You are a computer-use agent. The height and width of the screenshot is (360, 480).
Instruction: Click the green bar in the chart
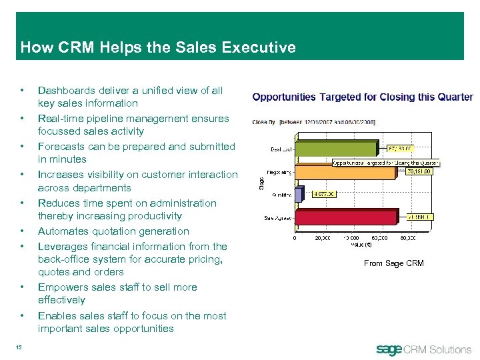coord(337,148)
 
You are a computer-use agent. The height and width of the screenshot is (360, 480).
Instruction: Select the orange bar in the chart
coord(347,173)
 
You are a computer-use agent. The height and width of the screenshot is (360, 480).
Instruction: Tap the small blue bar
coord(303,195)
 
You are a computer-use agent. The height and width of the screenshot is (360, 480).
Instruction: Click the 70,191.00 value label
coord(419,171)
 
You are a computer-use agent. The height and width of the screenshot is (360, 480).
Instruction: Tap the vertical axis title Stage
coord(261,180)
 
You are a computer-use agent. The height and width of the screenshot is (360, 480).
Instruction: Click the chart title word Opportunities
coord(284,97)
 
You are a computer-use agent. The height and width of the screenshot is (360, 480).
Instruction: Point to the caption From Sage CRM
coord(393,263)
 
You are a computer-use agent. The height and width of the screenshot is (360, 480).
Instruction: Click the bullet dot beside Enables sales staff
coord(23,316)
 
